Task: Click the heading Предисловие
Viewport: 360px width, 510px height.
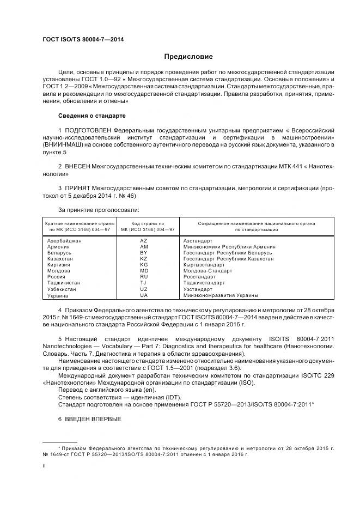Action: coord(188,57)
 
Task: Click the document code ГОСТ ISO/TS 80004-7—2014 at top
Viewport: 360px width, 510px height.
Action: coord(83,40)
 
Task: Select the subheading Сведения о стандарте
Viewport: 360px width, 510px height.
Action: coord(92,116)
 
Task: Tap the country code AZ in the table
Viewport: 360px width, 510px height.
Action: coord(144,240)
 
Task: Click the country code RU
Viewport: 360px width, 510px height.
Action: coord(144,277)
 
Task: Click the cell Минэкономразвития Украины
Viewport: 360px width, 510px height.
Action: coord(221,295)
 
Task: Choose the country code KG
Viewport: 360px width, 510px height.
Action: coord(144,265)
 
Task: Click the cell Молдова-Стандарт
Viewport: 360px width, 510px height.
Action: coord(208,271)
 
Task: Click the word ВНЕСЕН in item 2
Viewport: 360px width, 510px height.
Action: coord(78,164)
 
